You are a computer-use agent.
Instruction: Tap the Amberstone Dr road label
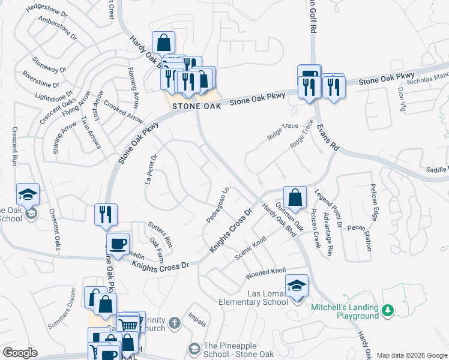tap(58, 28)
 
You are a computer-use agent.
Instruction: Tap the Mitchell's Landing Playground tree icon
tap(388, 310)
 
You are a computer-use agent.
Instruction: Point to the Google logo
tap(19, 353)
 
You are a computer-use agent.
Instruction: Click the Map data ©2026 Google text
tap(411, 355)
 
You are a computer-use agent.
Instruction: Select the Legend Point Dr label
tap(327, 209)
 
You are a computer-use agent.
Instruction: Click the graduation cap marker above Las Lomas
tap(297, 286)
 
